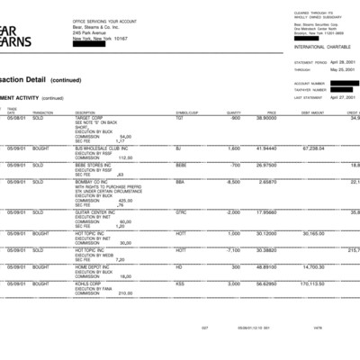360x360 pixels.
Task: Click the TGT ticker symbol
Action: coord(180,118)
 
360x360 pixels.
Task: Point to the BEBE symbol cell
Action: coord(181,166)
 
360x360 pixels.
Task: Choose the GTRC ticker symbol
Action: coord(182,212)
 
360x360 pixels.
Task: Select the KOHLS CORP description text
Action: coord(89,283)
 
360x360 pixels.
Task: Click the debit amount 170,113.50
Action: coord(312,283)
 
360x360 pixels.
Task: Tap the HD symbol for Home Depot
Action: coord(179,266)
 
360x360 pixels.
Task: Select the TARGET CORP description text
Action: coord(90,118)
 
